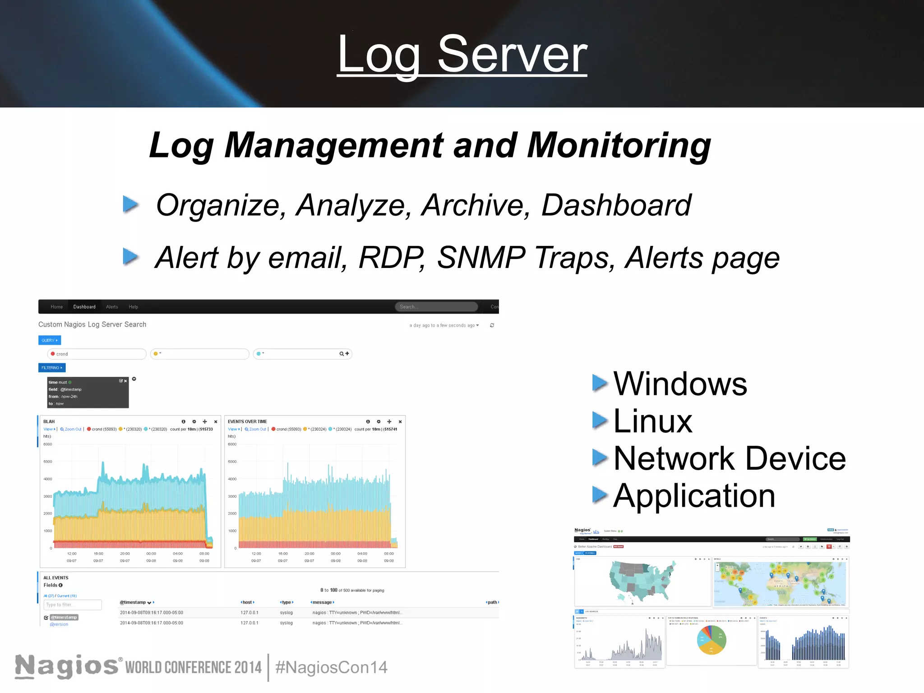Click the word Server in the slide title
(512, 55)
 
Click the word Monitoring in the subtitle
(619, 145)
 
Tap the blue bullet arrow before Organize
(130, 204)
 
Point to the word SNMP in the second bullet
(481, 258)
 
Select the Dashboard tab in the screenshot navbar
(84, 307)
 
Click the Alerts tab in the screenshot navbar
(112, 307)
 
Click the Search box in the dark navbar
(436, 307)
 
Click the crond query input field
(97, 354)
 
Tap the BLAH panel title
(49, 421)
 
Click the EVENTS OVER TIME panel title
(247, 421)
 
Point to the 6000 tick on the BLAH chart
(48, 444)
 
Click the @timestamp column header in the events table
(133, 602)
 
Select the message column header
(322, 602)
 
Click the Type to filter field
(73, 605)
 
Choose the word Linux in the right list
(652, 421)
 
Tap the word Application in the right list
(694, 496)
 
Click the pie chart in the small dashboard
(711, 640)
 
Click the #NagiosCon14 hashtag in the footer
(331, 667)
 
